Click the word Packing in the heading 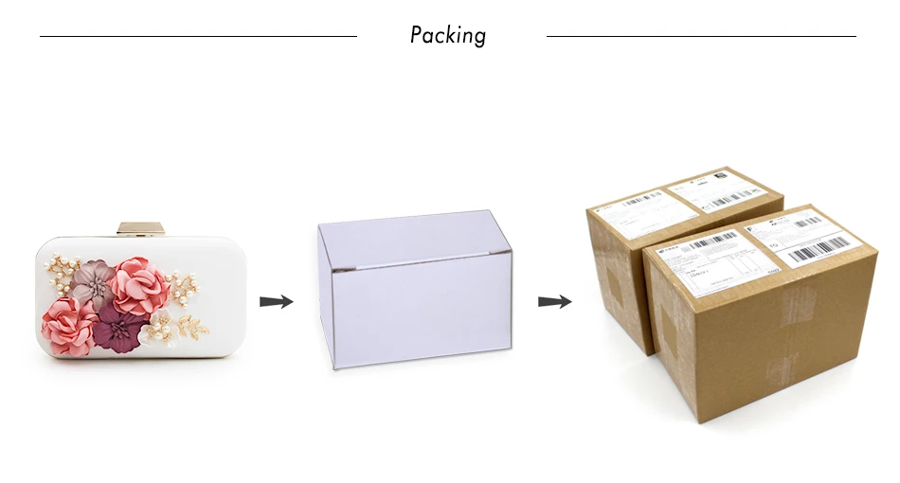pyautogui.click(x=448, y=36)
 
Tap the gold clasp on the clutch pyautogui.click(x=141, y=228)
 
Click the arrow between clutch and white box pyautogui.click(x=276, y=302)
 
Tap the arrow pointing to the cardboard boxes pyautogui.click(x=554, y=302)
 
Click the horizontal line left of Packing pyautogui.click(x=198, y=37)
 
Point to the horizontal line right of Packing pyautogui.click(x=701, y=37)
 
